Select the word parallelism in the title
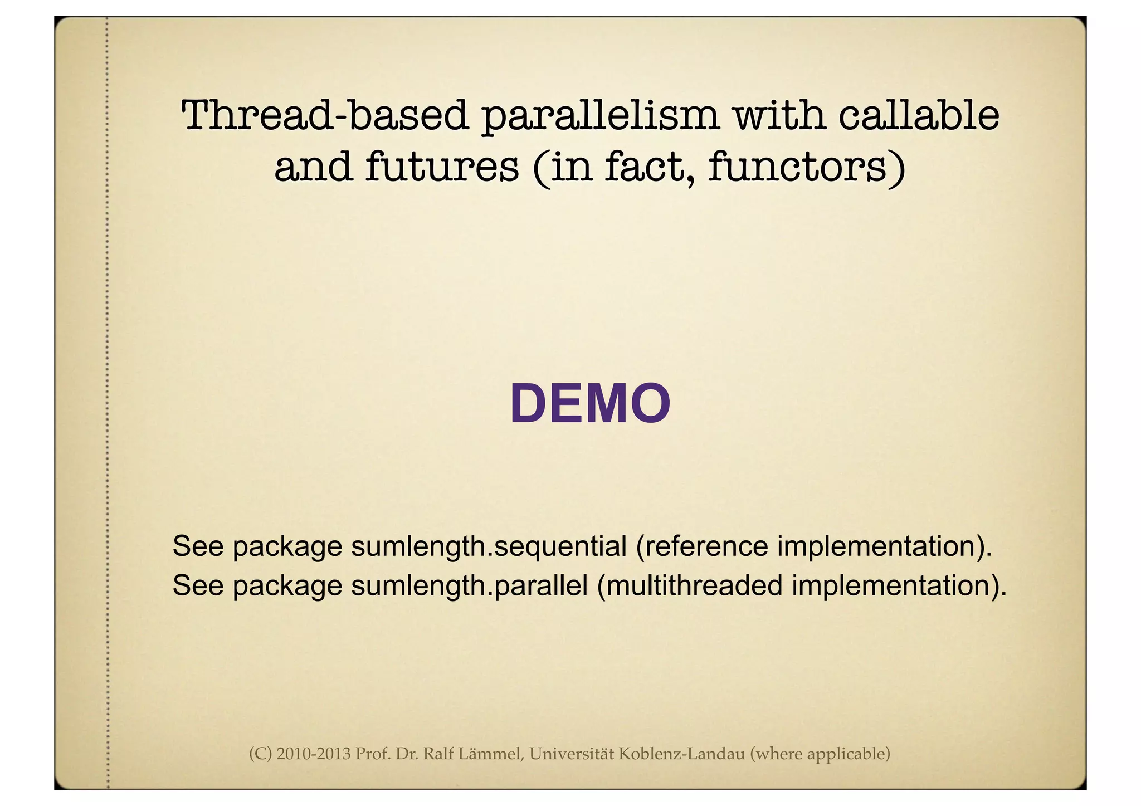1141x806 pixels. point(600,116)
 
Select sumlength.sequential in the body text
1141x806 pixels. point(489,546)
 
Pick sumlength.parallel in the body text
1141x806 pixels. point(469,585)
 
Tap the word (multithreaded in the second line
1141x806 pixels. point(689,585)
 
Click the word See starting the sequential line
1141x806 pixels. point(198,546)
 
